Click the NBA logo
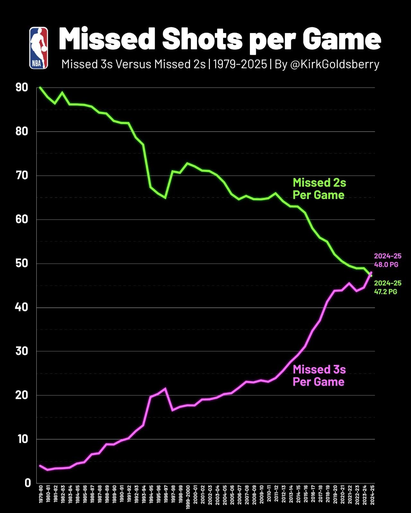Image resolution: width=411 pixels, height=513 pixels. coord(39,48)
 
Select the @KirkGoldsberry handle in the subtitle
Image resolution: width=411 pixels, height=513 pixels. coord(335,64)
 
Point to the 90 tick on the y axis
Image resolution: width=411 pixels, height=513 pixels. coord(22,88)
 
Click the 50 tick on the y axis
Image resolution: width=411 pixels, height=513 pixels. coord(22,264)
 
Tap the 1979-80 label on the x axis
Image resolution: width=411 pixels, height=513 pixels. coord(40,495)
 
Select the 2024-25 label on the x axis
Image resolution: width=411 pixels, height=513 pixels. coord(372,495)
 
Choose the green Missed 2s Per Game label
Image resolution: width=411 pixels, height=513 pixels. coord(319,189)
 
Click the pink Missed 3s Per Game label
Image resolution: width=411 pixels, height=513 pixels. coord(319,375)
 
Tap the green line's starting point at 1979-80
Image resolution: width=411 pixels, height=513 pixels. coord(40,87)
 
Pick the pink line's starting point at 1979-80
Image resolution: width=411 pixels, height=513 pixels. coord(40,466)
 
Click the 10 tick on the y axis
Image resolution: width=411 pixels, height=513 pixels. coord(22,439)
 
